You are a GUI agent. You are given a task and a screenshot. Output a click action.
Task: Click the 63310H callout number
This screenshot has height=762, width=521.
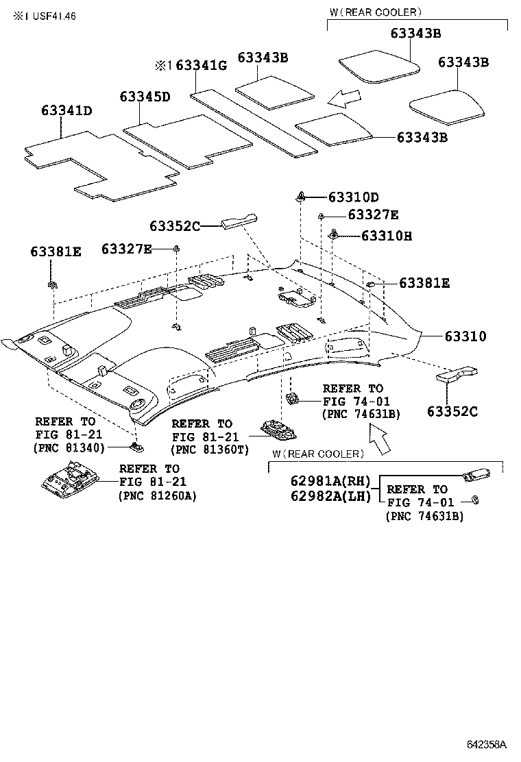pos(386,236)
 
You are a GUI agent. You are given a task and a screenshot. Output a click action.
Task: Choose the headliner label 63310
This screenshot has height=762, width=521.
pos(465,336)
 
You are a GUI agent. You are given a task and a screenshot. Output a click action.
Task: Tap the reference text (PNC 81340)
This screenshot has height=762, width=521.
pos(69,448)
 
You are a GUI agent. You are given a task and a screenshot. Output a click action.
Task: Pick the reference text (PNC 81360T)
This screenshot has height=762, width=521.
pos(209,450)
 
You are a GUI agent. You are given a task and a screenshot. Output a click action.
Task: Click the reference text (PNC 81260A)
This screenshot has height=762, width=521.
pos(157,495)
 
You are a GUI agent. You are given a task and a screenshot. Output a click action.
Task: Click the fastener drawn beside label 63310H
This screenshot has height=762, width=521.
pos(334,234)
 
